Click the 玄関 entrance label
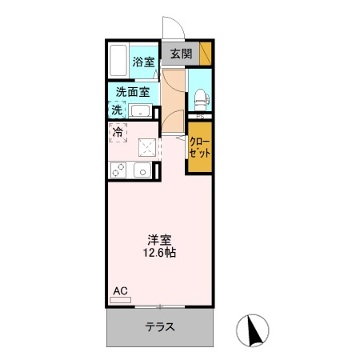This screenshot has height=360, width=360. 181,54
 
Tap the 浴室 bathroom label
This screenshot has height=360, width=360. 143,62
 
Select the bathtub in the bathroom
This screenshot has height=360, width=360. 118,60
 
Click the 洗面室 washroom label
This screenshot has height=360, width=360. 133,92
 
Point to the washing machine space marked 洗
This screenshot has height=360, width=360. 117,110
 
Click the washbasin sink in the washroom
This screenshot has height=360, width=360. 140,111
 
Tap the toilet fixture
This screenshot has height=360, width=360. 202,99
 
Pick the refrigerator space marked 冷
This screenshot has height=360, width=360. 118,132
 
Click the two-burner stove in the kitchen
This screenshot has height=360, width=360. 118,170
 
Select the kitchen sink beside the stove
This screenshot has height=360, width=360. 142,170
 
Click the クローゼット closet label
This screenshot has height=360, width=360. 200,147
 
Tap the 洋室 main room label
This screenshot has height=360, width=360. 159,240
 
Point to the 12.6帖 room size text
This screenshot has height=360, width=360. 159,253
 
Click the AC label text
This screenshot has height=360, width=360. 120,291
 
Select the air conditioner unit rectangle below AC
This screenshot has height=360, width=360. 121,300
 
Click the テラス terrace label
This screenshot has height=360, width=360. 160,326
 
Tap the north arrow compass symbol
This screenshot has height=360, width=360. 253,330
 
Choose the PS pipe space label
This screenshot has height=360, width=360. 200,117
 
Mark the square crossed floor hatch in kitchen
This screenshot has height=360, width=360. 147,148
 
